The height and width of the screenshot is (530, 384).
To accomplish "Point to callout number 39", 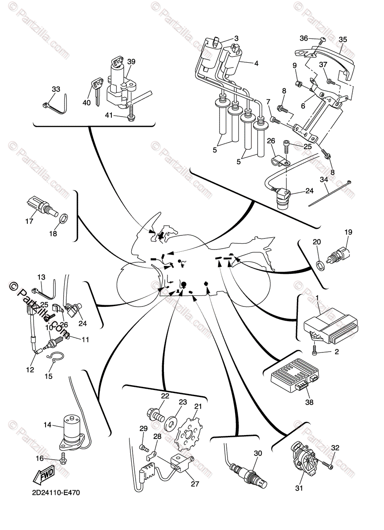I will coord(131,61).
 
